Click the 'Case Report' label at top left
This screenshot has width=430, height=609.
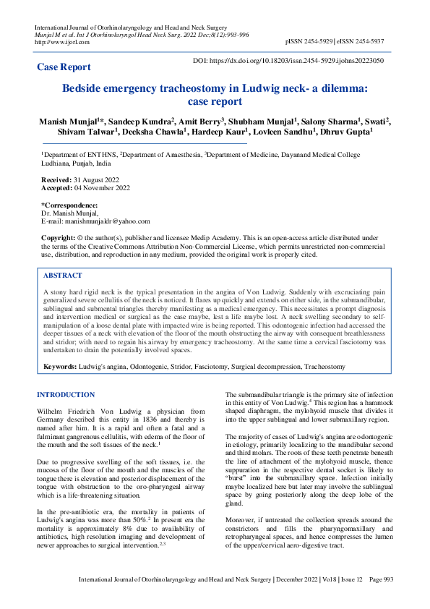point(64,67)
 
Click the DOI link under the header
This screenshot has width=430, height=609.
point(290,61)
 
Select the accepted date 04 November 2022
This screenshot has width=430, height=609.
point(102,187)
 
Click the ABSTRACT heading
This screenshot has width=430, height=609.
point(63,276)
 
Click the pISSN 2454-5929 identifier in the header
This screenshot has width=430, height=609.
point(309,42)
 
